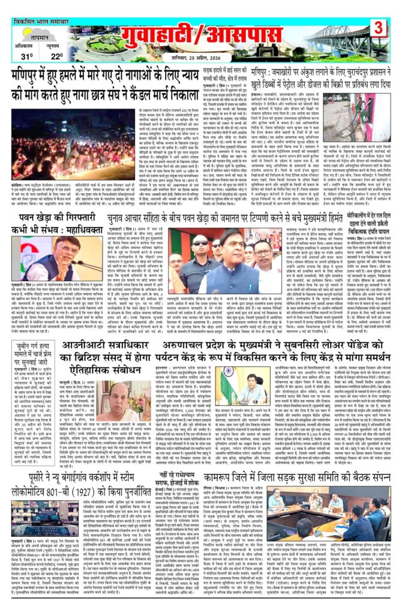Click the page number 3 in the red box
pos(378,27)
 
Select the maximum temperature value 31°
pos(27,56)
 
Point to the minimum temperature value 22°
pos(56,56)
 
